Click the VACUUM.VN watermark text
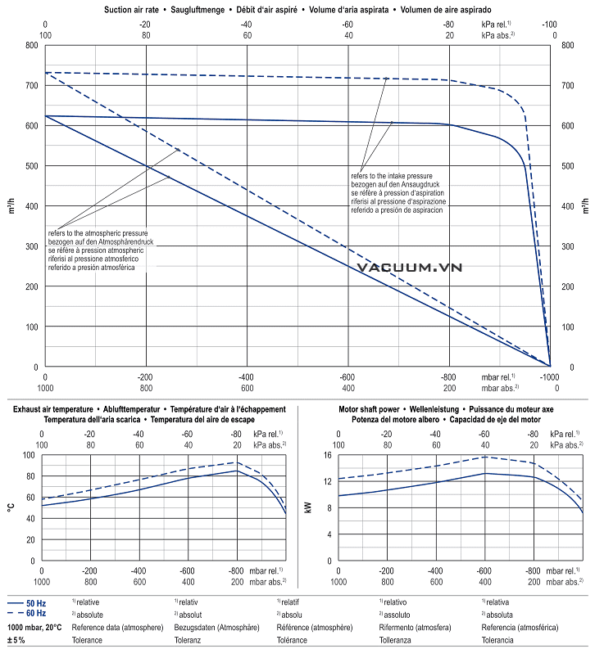pos(410,267)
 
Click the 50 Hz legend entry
pos(35,602)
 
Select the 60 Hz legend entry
pos(35,613)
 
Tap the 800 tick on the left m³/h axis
pos(31,45)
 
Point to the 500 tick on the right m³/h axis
pos(564,165)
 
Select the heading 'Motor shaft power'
pos(372,408)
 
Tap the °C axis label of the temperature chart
pos(11,507)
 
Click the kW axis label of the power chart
pos(307,507)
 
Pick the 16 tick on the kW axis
pos(326,455)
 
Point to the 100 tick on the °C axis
pos(29,455)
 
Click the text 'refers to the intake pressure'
pos(392,176)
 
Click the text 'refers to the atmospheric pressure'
pos(98,233)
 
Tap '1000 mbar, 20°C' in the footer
pos(34,627)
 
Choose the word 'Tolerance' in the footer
pos(87,639)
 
